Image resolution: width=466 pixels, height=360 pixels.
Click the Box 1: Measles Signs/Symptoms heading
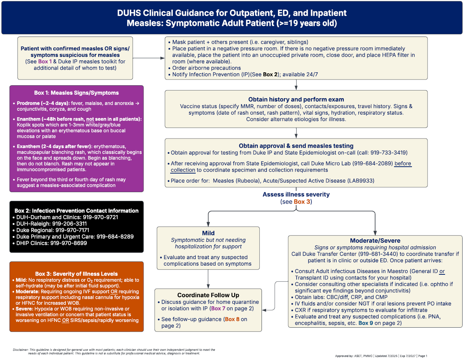point(77,93)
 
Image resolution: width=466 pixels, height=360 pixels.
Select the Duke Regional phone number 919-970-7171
point(72,230)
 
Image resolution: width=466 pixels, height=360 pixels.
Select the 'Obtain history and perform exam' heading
point(296,99)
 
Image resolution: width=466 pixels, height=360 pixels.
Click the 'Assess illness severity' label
point(296,194)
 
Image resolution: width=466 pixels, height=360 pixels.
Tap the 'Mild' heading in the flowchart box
point(208,233)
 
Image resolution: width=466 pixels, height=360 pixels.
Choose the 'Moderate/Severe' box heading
point(375,241)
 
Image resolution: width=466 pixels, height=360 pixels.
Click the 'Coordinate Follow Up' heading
point(208,295)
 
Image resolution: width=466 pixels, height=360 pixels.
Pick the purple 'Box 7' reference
point(220,308)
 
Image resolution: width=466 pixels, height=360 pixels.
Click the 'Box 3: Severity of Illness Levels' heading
point(77,274)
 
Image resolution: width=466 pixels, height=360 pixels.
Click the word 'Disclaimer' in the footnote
point(21,349)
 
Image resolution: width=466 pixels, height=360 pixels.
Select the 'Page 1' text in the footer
point(422,356)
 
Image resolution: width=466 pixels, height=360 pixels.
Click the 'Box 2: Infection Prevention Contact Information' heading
point(77,210)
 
